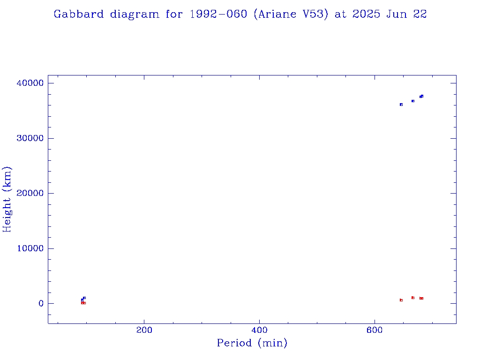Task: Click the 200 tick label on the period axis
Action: [x=144, y=330]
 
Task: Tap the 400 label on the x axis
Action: [x=259, y=330]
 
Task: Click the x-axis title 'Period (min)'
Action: [x=252, y=343]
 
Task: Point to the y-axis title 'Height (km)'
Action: [x=7, y=199]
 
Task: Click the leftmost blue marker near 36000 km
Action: [x=401, y=105]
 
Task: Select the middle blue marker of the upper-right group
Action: [x=413, y=101]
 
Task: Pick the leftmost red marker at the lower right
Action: [x=401, y=300]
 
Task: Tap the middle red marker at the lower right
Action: [x=413, y=298]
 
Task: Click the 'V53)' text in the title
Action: [x=319, y=14]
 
